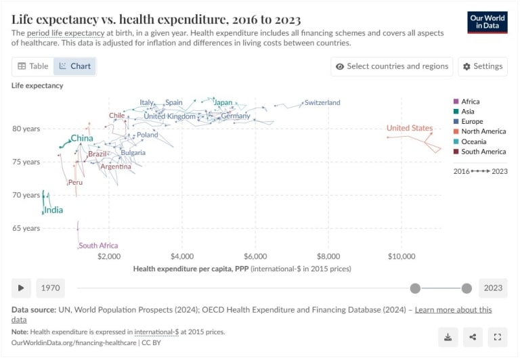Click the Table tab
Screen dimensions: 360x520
[x=32, y=66]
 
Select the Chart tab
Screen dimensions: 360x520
[x=74, y=66]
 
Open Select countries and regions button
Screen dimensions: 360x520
[x=392, y=66]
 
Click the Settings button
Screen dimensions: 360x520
[x=483, y=66]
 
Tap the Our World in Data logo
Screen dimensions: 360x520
[x=487, y=22]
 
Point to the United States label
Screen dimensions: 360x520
[x=409, y=129]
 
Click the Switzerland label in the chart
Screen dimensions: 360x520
[x=322, y=103]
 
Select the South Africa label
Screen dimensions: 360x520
[x=98, y=246]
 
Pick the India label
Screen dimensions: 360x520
[x=53, y=210]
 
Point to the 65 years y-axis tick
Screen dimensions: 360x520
[x=26, y=228]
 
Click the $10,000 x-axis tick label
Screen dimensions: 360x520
[x=402, y=257]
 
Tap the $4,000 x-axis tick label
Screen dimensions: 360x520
[x=182, y=257]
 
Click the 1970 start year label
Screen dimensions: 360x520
[x=51, y=288]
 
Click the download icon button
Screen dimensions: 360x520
[x=448, y=337]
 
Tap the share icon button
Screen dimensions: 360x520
[x=473, y=337]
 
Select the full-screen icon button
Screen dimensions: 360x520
[x=498, y=337]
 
